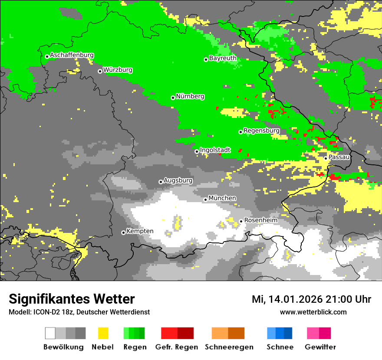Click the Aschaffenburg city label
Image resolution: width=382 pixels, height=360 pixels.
click(72, 55)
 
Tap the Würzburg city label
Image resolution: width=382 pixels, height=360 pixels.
click(118, 70)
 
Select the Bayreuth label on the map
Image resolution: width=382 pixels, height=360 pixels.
click(223, 58)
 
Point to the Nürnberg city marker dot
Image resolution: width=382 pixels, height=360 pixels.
click(173, 98)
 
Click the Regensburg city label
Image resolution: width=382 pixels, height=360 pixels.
click(261, 131)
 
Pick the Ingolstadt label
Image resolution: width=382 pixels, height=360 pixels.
click(215, 150)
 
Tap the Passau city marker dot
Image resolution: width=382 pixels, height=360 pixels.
click(326, 158)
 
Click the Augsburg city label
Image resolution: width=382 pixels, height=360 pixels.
click(178, 180)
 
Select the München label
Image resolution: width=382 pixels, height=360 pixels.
click(222, 198)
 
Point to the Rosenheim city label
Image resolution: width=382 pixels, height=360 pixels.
click(260, 220)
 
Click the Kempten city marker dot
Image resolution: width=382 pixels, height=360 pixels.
click(123, 232)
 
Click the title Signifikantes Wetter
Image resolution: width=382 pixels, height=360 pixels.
click(72, 299)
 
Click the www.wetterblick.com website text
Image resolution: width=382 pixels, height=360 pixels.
click(313, 312)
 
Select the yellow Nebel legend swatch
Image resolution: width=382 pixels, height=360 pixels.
click(103, 333)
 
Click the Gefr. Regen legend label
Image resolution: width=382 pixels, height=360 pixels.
click(176, 347)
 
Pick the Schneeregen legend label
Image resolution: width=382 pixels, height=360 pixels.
click(229, 347)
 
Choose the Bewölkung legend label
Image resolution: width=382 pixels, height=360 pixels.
click(63, 347)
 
